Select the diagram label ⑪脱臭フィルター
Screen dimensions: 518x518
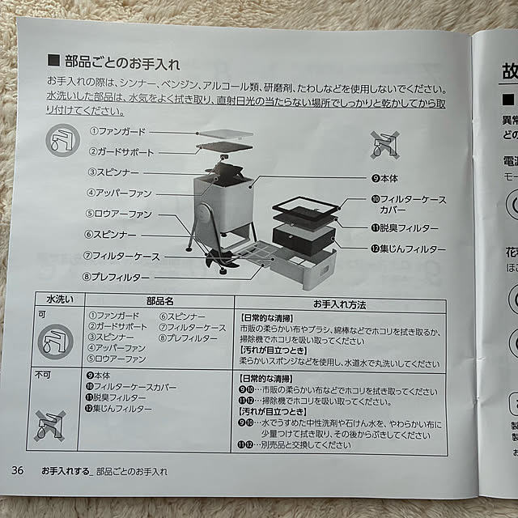click(x=405, y=228)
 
